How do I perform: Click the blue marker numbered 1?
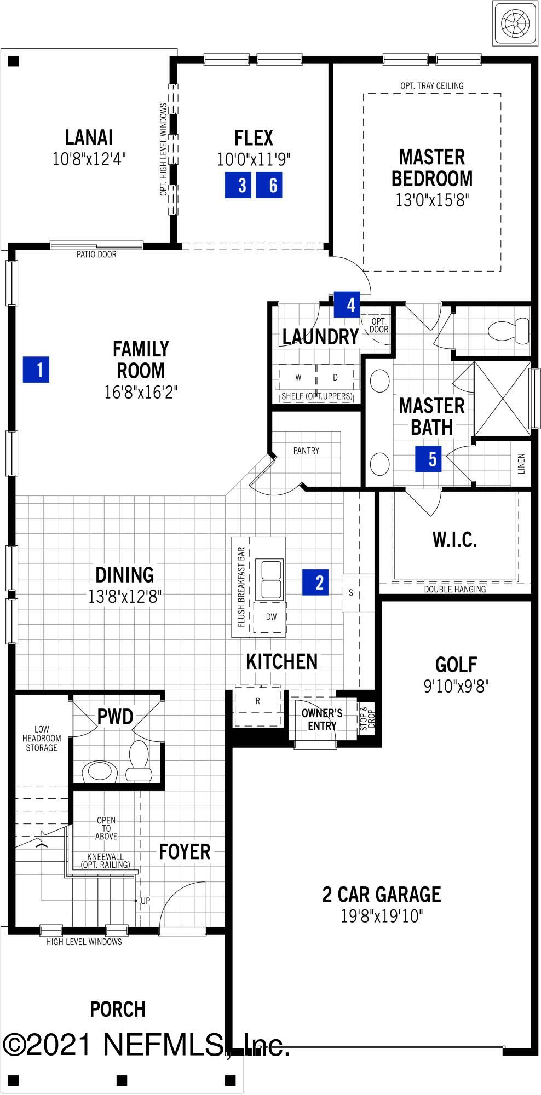click(36, 370)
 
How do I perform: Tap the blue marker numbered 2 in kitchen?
click(316, 582)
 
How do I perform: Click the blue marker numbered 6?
click(269, 185)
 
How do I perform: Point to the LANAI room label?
click(89, 137)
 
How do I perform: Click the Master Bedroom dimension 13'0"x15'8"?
click(432, 200)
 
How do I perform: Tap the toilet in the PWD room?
click(139, 760)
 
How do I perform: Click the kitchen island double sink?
click(270, 579)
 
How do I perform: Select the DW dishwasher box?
click(270, 617)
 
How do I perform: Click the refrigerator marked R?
click(257, 701)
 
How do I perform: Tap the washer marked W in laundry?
click(298, 377)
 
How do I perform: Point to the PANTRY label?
click(306, 451)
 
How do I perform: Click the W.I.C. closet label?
click(454, 540)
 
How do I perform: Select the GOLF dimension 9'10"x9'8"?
click(456, 686)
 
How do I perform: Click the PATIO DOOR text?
click(96, 254)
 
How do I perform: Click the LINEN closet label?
click(521, 463)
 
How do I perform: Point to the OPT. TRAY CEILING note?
click(431, 85)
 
